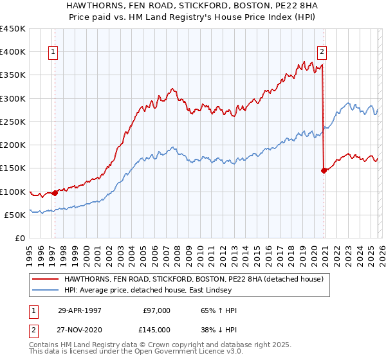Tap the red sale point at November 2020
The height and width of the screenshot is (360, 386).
click(x=323, y=170)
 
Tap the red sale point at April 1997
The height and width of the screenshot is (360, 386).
click(x=55, y=192)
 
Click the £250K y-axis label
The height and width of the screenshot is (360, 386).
click(x=13, y=122)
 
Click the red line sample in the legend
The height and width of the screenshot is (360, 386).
click(x=45, y=279)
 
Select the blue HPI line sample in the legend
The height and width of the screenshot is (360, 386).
click(x=45, y=290)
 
